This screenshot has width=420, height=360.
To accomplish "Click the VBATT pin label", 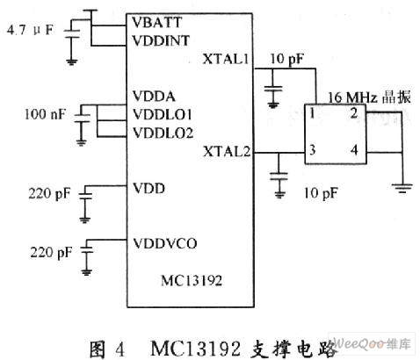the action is (157, 23).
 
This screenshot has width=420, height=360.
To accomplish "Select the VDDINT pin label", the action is (161, 40).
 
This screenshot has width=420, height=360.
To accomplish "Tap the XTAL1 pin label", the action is (226, 59).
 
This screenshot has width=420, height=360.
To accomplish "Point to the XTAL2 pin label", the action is (227, 151).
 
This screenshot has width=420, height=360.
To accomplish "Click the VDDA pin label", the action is (154, 97).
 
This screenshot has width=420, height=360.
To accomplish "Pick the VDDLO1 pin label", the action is (163, 114).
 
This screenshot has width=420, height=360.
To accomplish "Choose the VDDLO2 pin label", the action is (163, 133).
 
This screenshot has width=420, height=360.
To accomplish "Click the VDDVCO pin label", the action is (165, 243).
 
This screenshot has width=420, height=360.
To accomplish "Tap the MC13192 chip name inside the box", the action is (192, 281).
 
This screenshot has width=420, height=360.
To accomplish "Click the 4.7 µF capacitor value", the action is (30, 30).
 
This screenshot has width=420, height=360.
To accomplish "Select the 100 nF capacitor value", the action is (45, 114).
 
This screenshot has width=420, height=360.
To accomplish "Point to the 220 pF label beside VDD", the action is (49, 194).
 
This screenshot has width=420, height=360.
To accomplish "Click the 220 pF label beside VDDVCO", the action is (51, 252).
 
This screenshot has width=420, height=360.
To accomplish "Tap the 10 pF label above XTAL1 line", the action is (286, 59).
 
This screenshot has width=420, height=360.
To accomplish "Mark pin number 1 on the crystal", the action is (312, 113).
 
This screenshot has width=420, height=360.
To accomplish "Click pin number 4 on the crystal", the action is (354, 150).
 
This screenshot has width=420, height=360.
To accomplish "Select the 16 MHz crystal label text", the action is (369, 97).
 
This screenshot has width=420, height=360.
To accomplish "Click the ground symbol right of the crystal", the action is (402, 188).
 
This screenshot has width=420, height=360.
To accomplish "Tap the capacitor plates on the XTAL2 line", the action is (279, 176).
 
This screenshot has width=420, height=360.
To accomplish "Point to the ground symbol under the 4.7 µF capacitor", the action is (71, 62).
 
